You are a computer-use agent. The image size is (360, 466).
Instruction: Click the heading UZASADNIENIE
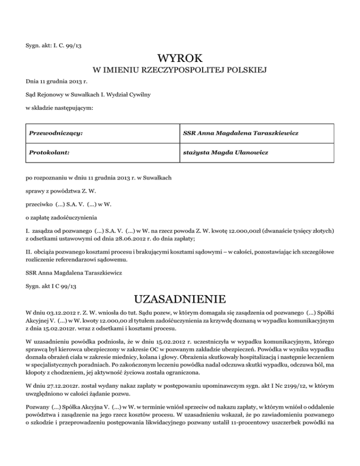[x=180, y=299]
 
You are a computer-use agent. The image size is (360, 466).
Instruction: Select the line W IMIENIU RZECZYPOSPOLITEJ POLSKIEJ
[x=180, y=71]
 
